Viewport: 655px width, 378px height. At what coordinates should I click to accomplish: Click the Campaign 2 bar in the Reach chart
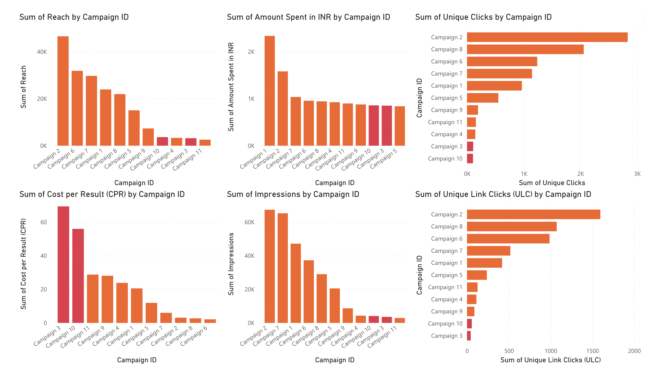point(63,91)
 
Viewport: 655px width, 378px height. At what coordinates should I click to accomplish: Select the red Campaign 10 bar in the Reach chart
point(162,141)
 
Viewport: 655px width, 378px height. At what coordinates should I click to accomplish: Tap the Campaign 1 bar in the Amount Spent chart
point(270,91)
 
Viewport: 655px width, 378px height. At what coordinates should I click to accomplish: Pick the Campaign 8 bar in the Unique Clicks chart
point(525,49)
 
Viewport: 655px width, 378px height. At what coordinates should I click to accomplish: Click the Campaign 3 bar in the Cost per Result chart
point(63,265)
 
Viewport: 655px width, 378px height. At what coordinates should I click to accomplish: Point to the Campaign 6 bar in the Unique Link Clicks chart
point(508,239)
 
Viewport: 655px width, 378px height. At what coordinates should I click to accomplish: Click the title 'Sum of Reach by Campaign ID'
point(74,17)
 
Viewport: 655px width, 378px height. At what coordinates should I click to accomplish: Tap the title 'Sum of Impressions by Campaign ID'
point(293,194)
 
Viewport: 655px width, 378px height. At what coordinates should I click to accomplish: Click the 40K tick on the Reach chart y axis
point(42,52)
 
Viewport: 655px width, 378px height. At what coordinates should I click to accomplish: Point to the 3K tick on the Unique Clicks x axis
point(637,174)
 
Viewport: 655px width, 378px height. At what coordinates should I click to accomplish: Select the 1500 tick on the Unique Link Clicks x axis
point(593,351)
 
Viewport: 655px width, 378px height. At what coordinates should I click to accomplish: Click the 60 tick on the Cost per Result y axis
point(44,222)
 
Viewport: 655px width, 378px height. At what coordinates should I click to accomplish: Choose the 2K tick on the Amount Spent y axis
point(251,52)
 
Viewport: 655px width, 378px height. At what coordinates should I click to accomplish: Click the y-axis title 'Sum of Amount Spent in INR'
point(231,87)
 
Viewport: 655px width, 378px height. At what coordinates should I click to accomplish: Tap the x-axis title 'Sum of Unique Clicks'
point(552,183)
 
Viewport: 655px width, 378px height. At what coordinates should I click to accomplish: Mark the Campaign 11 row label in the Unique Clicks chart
point(445,122)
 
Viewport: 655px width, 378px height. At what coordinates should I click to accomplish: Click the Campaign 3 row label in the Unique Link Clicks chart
point(446,336)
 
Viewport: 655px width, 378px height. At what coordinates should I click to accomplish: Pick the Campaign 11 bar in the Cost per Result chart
point(93,299)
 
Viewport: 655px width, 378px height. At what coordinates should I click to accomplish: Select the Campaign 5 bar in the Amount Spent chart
point(400,126)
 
